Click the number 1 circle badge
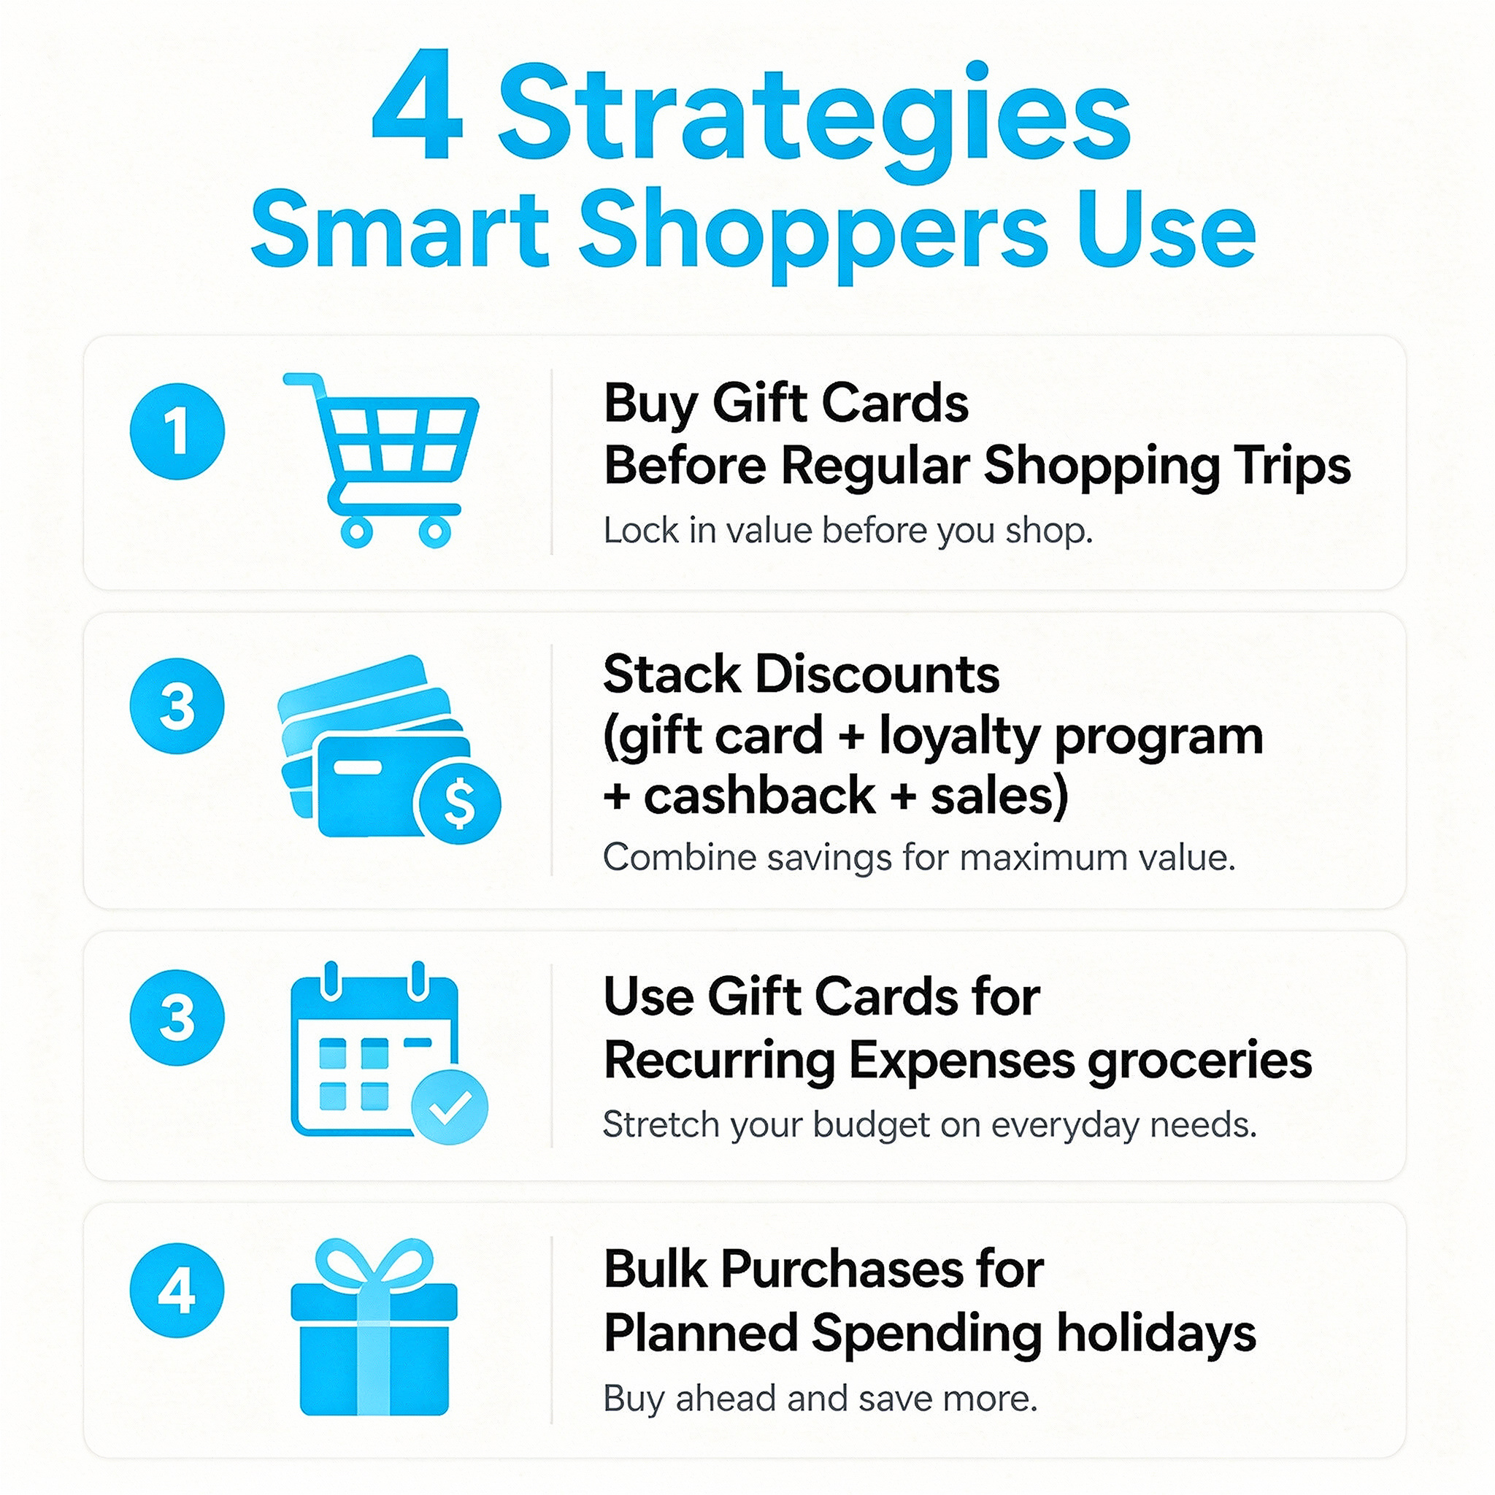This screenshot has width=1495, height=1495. [177, 431]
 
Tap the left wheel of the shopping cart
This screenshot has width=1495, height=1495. [357, 531]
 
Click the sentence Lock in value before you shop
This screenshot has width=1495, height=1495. [848, 531]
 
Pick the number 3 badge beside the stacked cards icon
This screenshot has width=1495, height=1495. [177, 706]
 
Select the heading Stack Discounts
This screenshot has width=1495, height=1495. [801, 674]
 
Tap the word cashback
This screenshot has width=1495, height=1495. [760, 796]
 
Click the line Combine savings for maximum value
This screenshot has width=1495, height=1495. [919, 858]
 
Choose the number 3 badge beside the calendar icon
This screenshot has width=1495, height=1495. [177, 1018]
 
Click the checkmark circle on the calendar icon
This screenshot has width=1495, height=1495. [450, 1107]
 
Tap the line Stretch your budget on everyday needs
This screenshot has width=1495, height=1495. [929, 1124]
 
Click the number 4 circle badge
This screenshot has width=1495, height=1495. [177, 1290]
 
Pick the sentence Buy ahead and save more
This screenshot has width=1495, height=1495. [820, 1398]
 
